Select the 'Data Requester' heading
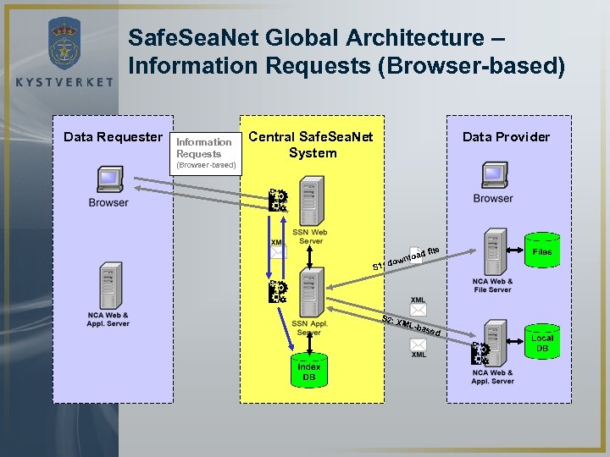point(113,137)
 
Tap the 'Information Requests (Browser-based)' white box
point(205,153)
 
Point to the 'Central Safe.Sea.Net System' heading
point(312,145)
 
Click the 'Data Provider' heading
point(506,137)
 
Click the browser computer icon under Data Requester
point(108,181)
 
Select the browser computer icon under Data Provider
point(493,176)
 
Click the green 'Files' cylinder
point(542,251)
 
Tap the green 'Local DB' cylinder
point(542,343)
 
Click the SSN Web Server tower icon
point(311,201)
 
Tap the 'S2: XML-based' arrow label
point(411,325)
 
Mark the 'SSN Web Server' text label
point(310,237)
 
